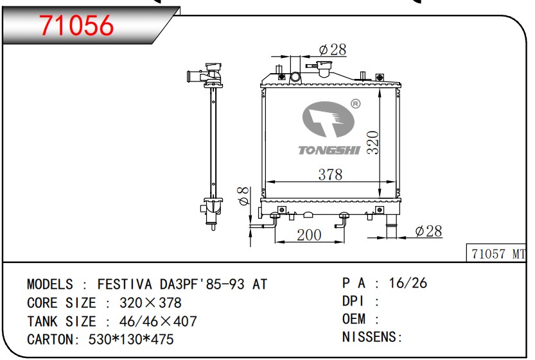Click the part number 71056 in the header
77,25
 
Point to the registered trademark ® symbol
355,103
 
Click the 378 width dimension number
331,175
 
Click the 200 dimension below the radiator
309,236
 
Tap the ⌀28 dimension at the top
332,49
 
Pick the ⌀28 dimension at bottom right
428,231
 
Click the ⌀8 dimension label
243,196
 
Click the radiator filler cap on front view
321,67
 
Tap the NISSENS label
371,336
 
